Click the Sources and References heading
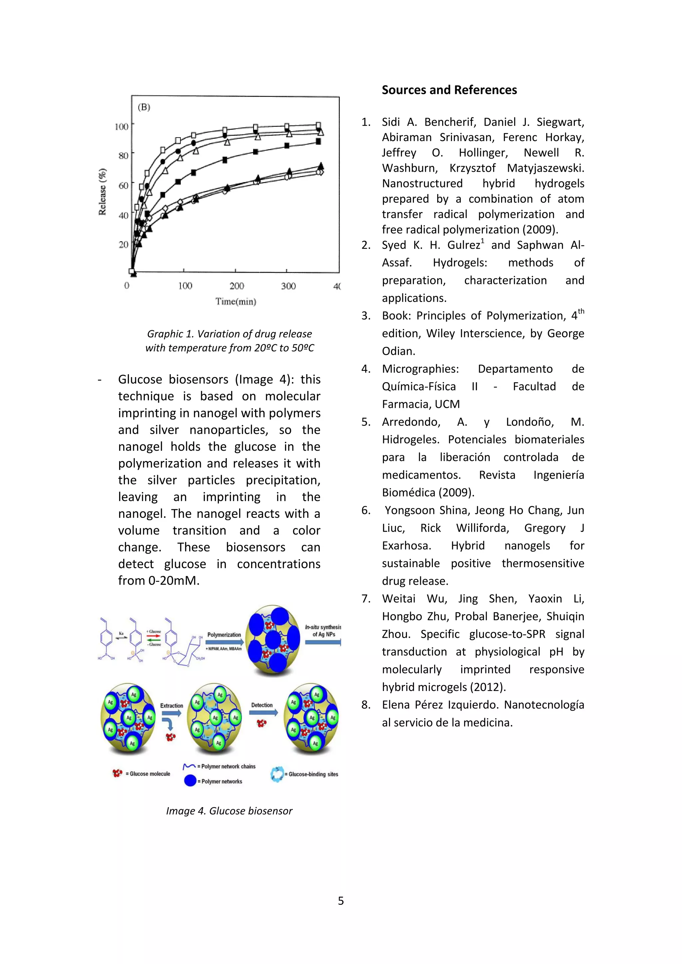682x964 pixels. (449, 90)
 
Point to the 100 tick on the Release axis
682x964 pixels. (121, 126)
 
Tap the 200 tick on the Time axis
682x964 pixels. (236, 286)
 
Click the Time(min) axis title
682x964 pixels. (235, 302)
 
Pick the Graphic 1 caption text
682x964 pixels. (229, 341)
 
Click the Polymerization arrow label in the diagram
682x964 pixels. (224, 635)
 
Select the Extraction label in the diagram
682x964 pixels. (171, 706)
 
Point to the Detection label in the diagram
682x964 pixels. (262, 705)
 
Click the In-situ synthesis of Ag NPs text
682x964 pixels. (323, 631)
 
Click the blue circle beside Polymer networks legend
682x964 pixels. (190, 781)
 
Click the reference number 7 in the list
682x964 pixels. (366, 599)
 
